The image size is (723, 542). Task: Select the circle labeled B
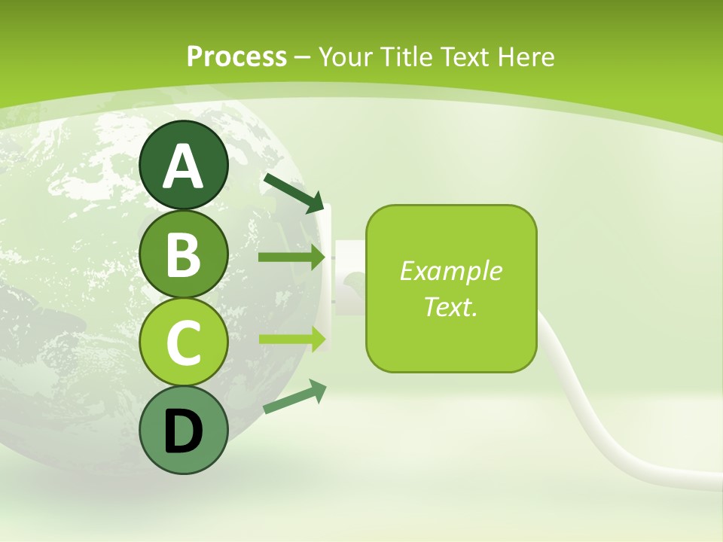[184, 254]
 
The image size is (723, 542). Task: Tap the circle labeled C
[184, 343]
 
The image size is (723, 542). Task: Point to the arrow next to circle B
[291, 257]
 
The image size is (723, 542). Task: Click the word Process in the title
[236, 56]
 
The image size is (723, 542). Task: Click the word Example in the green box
[450, 271]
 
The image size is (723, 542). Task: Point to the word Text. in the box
[450, 306]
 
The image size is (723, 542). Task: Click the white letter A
[184, 166]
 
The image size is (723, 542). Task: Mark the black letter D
[184, 432]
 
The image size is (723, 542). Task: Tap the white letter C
[184, 343]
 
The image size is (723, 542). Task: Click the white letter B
[184, 254]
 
